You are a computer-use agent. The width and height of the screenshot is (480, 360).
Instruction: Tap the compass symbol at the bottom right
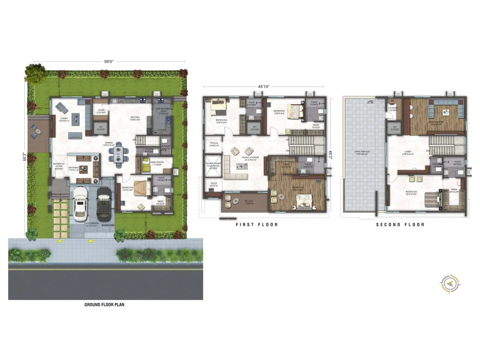pyautogui.click(x=450, y=283)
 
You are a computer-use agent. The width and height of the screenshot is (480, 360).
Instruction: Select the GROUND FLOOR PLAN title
pyautogui.click(x=104, y=304)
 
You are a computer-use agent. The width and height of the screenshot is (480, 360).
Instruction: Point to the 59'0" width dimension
pyautogui.click(x=109, y=61)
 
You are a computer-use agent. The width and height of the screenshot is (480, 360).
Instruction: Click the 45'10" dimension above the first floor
pyautogui.click(x=264, y=86)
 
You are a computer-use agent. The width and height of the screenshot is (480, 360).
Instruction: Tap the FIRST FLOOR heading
pyautogui.click(x=257, y=224)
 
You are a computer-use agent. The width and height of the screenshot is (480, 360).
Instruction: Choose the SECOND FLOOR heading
pyautogui.click(x=400, y=224)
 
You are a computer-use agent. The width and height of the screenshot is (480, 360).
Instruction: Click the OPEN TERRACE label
pyautogui.click(x=362, y=152)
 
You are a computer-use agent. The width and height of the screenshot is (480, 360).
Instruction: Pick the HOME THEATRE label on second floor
pyautogui.click(x=436, y=122)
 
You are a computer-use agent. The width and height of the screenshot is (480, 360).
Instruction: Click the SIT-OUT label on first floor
pyautogui.click(x=249, y=201)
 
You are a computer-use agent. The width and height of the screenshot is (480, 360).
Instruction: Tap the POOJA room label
pyautogui.click(x=214, y=143)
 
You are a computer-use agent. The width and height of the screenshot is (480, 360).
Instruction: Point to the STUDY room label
pyautogui.click(x=214, y=183)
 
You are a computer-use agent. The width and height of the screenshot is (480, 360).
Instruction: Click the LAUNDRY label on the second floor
pyautogui.click(x=393, y=108)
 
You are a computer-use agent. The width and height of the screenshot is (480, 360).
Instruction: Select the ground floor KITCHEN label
pyautogui.click(x=135, y=117)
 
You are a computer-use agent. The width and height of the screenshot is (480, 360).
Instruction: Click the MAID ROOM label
pyautogui.click(x=157, y=162)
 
